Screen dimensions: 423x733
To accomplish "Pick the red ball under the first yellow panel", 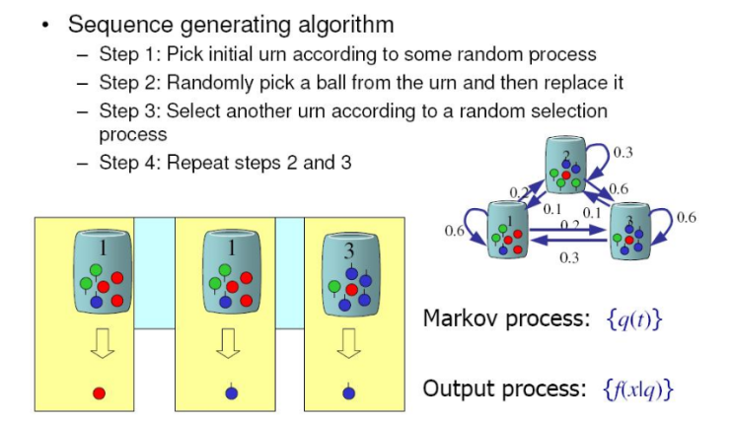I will point(99,392).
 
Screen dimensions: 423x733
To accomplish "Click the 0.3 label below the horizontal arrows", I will point(568,258).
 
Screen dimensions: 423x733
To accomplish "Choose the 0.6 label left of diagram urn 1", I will point(455,232).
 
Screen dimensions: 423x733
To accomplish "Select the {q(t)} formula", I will point(632,319).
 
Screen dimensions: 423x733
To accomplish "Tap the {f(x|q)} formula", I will point(636,388).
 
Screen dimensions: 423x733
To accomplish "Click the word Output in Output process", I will point(453,388).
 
